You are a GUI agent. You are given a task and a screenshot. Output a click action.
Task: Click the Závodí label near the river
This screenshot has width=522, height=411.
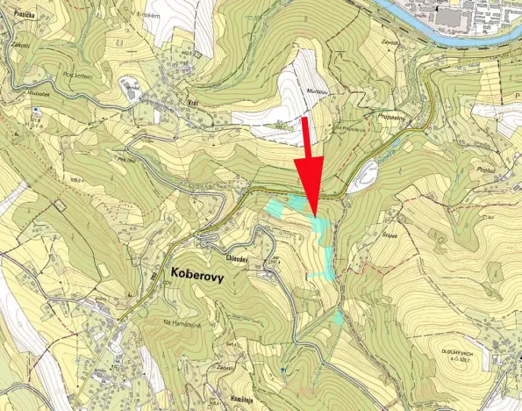(390, 42)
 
